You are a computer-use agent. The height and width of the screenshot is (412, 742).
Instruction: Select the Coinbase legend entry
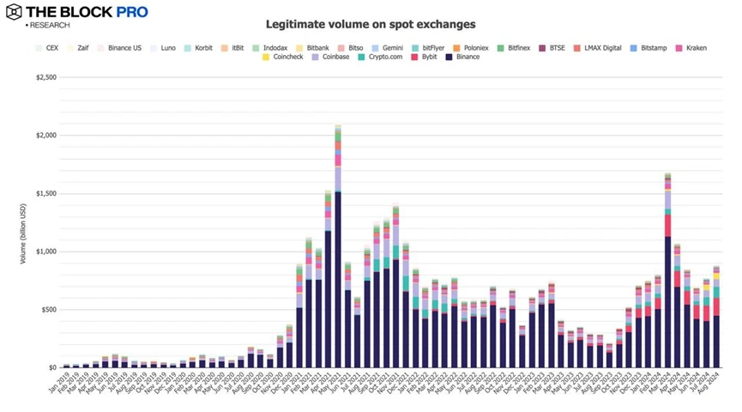(x=329, y=57)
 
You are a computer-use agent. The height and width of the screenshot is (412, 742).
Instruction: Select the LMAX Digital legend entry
(x=602, y=48)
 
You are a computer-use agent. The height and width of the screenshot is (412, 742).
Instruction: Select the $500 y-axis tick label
(x=48, y=309)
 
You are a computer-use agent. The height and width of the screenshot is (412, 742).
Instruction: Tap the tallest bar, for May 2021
(x=338, y=249)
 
